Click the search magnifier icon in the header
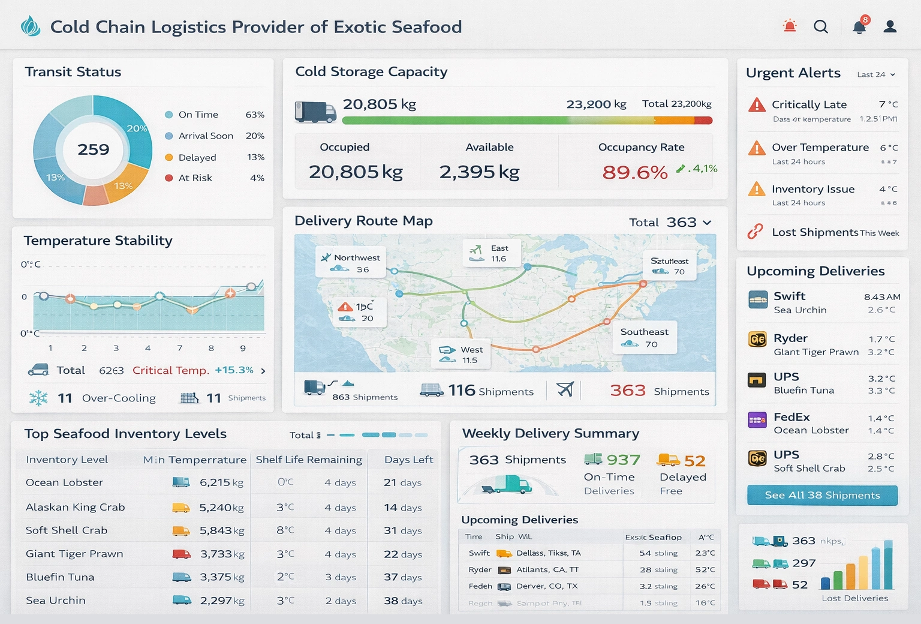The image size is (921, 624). pos(821,26)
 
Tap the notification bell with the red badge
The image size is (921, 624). pos(859,26)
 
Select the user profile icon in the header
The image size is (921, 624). pos(890,26)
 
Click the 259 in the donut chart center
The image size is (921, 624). pos(94,149)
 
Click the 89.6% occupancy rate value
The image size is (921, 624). pos(635,173)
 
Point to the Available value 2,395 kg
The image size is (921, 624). pos(479,172)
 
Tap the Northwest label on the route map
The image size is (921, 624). pos(357,258)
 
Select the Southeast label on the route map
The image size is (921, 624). pos(644,332)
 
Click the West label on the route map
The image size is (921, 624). pos(471,350)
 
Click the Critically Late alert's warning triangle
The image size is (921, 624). pos(757,105)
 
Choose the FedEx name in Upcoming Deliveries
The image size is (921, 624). pos(791,417)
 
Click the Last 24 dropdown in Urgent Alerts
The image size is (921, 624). pos(875,74)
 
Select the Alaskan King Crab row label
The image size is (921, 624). pos(76,508)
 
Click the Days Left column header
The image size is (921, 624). pos(408,460)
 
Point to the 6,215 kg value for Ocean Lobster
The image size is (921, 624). pos(221,482)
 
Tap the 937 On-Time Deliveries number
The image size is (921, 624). pos(623,460)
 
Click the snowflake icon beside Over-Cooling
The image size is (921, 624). pos(38,398)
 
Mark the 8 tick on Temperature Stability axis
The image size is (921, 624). pos(211,348)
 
